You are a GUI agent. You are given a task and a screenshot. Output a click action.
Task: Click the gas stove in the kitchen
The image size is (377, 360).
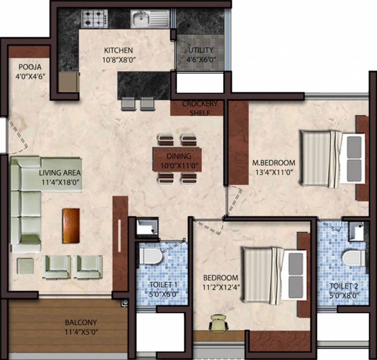click(x=95, y=19)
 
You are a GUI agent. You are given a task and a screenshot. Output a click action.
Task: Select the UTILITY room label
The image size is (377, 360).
click(x=201, y=50)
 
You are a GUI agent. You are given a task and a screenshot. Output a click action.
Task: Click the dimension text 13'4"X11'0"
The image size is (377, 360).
click(x=273, y=172)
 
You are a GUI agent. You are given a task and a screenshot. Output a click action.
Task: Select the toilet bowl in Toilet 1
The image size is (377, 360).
click(x=151, y=256)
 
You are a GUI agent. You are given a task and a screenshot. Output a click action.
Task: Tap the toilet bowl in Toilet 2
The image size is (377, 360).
click(x=353, y=257)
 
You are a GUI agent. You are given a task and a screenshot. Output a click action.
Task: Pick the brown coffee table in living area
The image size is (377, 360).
click(x=71, y=226)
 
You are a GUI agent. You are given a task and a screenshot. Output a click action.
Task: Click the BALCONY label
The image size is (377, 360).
click(x=81, y=322)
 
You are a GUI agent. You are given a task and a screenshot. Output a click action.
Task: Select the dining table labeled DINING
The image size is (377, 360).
click(x=177, y=159)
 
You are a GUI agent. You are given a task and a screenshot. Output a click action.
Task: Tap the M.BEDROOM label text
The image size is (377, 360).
click(x=274, y=163)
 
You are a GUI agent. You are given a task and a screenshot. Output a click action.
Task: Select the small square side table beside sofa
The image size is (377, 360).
click(x=26, y=266)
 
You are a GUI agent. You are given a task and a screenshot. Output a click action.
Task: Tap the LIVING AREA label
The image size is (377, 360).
click(x=60, y=172)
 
